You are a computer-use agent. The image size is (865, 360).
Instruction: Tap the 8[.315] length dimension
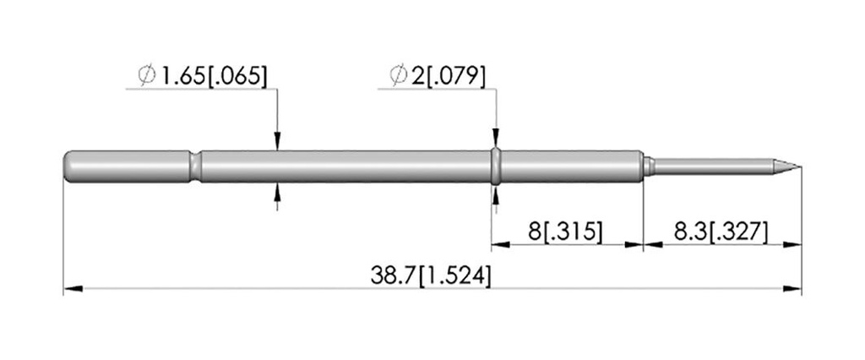click(x=565, y=232)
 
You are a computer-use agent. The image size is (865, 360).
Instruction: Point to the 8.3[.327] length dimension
click(x=721, y=232)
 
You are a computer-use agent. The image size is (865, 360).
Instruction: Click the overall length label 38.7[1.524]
click(x=430, y=275)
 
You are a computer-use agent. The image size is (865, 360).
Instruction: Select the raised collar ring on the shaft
click(x=496, y=166)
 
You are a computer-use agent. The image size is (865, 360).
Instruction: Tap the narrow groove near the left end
click(x=196, y=166)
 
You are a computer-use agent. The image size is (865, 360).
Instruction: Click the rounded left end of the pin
click(x=68, y=166)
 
